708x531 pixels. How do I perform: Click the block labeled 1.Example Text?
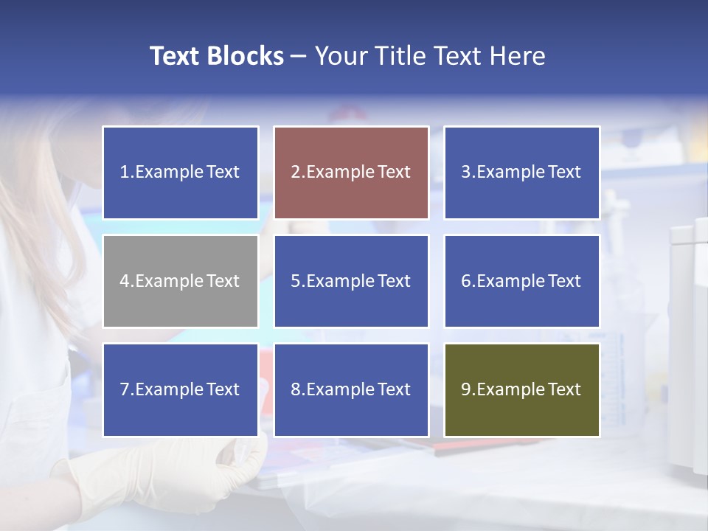pos(181,173)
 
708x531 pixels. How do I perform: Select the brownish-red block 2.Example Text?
pos(351,173)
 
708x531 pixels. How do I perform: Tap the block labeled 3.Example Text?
pos(521,173)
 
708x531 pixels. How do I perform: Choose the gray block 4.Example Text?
pos(181,281)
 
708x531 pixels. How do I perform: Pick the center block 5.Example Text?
pos(351,281)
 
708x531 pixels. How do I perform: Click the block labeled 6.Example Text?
pos(521,281)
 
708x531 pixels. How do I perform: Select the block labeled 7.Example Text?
pos(181,389)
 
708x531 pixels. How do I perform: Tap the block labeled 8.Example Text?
pos(351,389)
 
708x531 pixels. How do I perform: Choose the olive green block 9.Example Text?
pos(521,389)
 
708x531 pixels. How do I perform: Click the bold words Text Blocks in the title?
pos(216,56)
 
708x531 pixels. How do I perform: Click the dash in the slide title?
pos(299,57)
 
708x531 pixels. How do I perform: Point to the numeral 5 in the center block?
pos(295,281)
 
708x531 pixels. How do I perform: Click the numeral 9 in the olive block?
pos(465,389)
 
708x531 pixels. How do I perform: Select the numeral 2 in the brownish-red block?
pos(295,173)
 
